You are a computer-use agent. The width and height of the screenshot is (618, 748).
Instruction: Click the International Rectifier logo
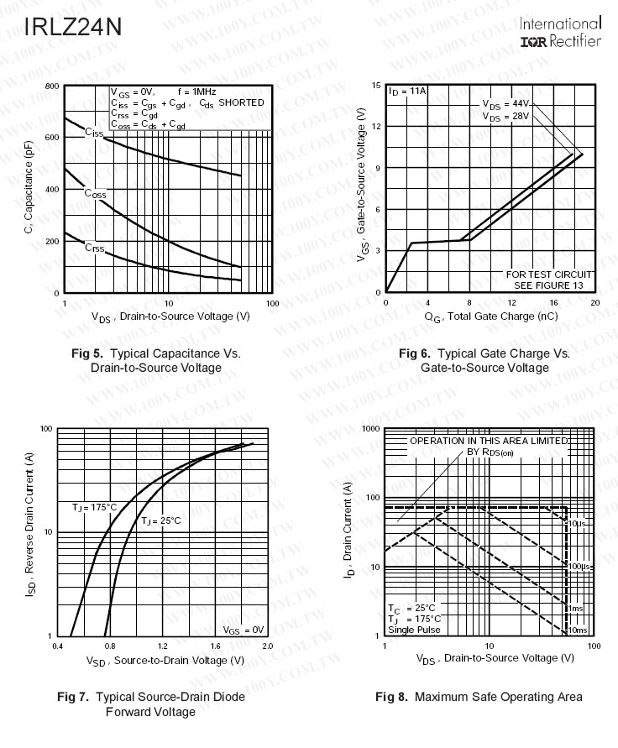(x=560, y=33)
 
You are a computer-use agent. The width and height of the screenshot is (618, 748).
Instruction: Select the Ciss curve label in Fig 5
(x=94, y=133)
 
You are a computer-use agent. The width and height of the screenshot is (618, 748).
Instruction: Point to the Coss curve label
(x=95, y=193)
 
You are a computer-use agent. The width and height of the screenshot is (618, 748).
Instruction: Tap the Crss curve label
(x=94, y=248)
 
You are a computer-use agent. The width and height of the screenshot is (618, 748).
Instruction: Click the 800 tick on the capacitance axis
(x=52, y=87)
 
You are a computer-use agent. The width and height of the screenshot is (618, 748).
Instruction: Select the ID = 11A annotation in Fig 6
(x=408, y=91)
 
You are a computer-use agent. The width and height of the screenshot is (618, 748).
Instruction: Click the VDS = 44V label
(x=506, y=104)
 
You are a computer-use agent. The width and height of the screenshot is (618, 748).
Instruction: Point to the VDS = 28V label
(x=506, y=116)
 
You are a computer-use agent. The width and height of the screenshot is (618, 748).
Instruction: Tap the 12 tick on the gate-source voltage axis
(x=378, y=127)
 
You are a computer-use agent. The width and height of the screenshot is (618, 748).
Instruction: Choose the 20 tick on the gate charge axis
(x=594, y=303)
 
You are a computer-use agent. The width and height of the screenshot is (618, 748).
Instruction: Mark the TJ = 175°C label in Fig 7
(x=94, y=508)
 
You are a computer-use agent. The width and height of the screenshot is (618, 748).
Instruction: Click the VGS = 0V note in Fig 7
(x=244, y=629)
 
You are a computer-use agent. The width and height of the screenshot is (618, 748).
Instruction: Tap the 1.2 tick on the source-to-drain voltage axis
(x=162, y=646)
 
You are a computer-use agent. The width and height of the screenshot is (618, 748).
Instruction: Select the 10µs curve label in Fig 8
(x=577, y=524)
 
